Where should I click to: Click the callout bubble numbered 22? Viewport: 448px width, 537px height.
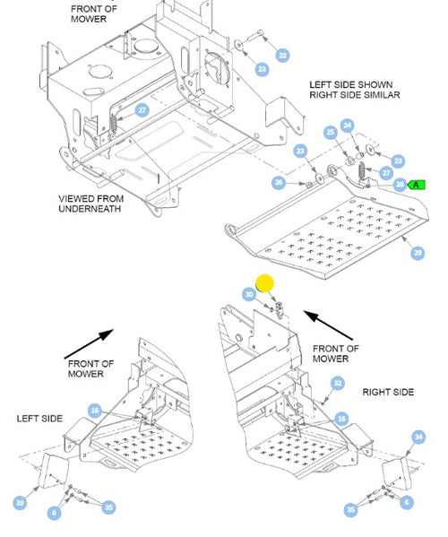(283, 56)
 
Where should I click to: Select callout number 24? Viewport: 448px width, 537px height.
(348, 126)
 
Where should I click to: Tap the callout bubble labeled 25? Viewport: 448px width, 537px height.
(331, 132)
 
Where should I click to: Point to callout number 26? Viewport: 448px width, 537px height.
(279, 182)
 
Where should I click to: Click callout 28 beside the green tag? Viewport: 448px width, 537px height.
(400, 185)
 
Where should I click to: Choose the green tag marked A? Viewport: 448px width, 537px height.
(416, 185)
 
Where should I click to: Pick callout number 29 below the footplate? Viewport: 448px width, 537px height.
(418, 253)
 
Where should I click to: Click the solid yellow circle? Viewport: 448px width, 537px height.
(265, 283)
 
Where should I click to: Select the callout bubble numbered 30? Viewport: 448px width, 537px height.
(249, 295)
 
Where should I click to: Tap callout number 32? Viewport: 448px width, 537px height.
(338, 383)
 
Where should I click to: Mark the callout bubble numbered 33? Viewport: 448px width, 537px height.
(21, 503)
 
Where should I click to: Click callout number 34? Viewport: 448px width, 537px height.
(418, 437)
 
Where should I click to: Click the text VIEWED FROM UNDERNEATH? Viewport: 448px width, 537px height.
(90, 204)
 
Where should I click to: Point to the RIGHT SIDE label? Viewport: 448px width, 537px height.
(388, 392)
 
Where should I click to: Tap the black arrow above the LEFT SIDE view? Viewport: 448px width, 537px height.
(89, 344)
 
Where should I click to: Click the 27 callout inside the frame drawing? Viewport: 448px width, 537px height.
(142, 110)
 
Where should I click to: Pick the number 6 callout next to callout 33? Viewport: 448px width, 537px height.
(54, 513)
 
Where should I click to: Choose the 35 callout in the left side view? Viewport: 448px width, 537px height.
(108, 507)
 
